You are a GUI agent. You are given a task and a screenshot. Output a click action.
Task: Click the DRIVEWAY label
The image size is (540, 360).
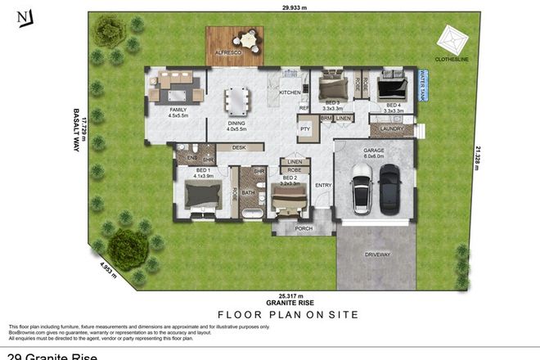pyautogui.click(x=376, y=254)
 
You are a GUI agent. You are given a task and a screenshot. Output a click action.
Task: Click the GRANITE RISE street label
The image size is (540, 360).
pyautogui.click(x=287, y=302)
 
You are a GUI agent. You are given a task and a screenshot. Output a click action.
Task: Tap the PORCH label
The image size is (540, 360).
pyautogui.click(x=304, y=228)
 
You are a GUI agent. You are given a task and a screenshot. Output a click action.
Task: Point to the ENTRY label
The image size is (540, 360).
pyautogui.click(x=323, y=185)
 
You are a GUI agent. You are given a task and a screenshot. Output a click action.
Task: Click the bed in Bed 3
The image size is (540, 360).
pyautogui.click(x=332, y=85)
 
